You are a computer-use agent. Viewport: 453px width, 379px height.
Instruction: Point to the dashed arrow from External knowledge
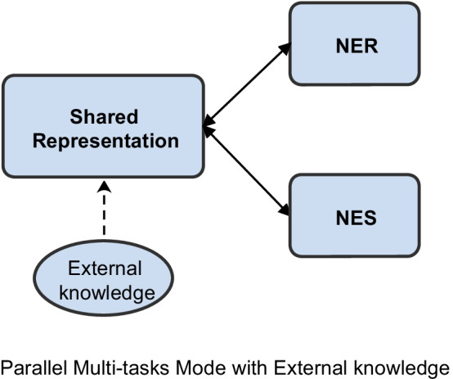point(104,216)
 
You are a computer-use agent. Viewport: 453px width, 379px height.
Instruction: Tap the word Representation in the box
point(103,140)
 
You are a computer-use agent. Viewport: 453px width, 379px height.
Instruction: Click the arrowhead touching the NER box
point(285,48)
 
